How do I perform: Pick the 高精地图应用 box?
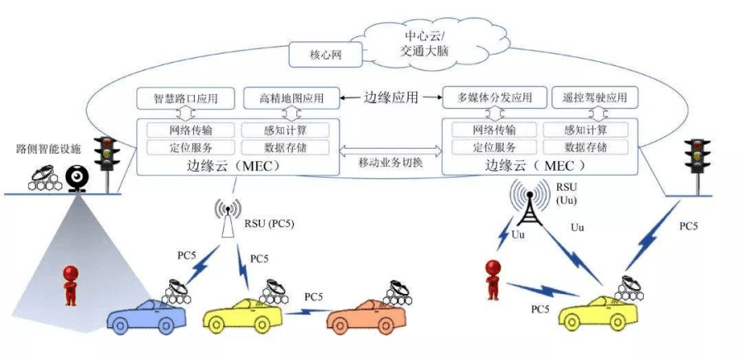pyautogui.click(x=292, y=98)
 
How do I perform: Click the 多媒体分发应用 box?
pyautogui.click(x=491, y=98)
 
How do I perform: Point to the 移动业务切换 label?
pyautogui.click(x=391, y=163)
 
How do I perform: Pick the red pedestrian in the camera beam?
pyautogui.click(x=71, y=283)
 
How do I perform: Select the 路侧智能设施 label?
pyautogui.click(x=49, y=149)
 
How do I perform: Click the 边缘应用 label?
pyautogui.click(x=391, y=97)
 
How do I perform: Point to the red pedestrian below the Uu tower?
pyautogui.click(x=494, y=277)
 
